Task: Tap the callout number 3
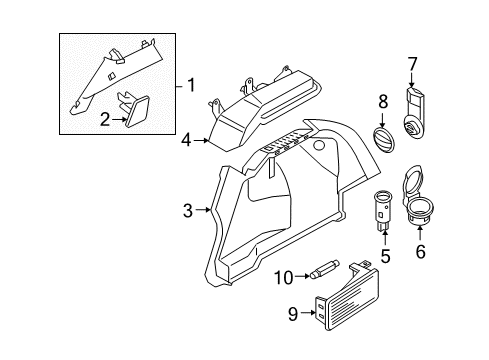[188, 210]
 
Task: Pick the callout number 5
[385, 256]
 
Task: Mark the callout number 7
[411, 65]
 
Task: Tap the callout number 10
[283, 276]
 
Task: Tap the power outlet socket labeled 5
[384, 208]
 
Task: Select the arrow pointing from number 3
[203, 210]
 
